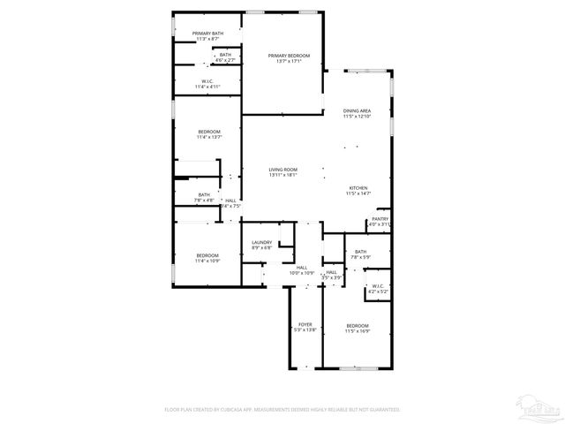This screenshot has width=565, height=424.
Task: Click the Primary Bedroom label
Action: click(290, 56)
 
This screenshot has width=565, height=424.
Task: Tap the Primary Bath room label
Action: click(208, 34)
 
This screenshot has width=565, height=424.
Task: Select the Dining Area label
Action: click(358, 110)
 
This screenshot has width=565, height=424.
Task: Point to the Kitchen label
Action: click(358, 188)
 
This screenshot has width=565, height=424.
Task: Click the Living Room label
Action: click(283, 170)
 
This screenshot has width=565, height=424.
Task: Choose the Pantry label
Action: click(380, 219)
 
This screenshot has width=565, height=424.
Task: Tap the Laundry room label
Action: click(261, 243)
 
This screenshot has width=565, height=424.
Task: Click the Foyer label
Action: click(305, 325)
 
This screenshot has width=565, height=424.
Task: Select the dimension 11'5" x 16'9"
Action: click(358, 331)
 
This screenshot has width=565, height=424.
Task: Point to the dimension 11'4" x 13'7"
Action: click(209, 137)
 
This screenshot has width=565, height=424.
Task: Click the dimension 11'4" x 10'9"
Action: click(207, 261)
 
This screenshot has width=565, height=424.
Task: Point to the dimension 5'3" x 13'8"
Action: click(305, 330)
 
